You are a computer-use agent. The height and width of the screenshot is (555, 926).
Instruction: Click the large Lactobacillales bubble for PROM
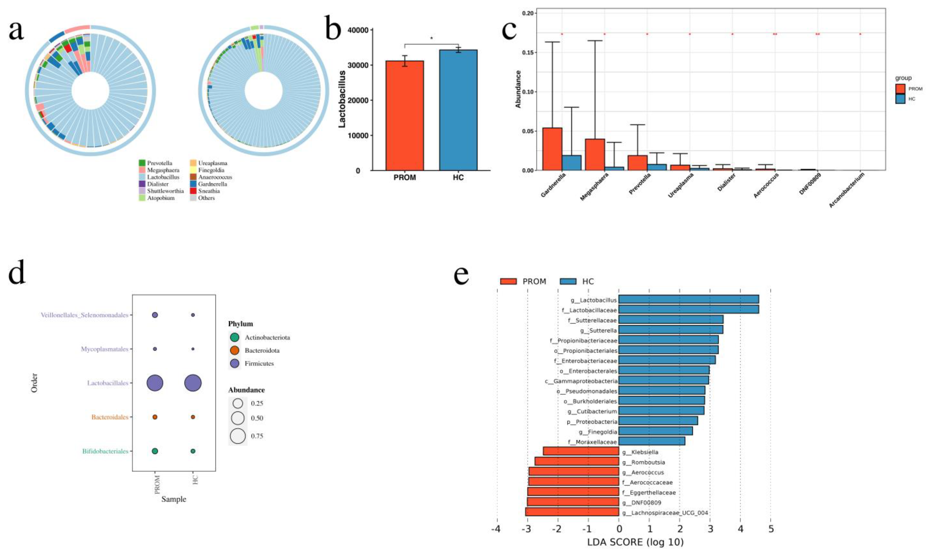155,383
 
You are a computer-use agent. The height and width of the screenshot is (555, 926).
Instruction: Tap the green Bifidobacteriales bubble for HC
193,451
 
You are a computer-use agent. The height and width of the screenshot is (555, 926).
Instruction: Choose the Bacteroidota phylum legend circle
234,351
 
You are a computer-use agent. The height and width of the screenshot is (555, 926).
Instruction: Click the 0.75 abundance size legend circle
238,436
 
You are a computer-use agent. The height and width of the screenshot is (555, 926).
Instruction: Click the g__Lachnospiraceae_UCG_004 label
665,513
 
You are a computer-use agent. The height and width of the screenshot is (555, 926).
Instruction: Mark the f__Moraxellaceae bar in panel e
652,441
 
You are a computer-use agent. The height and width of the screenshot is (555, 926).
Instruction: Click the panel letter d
17,272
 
